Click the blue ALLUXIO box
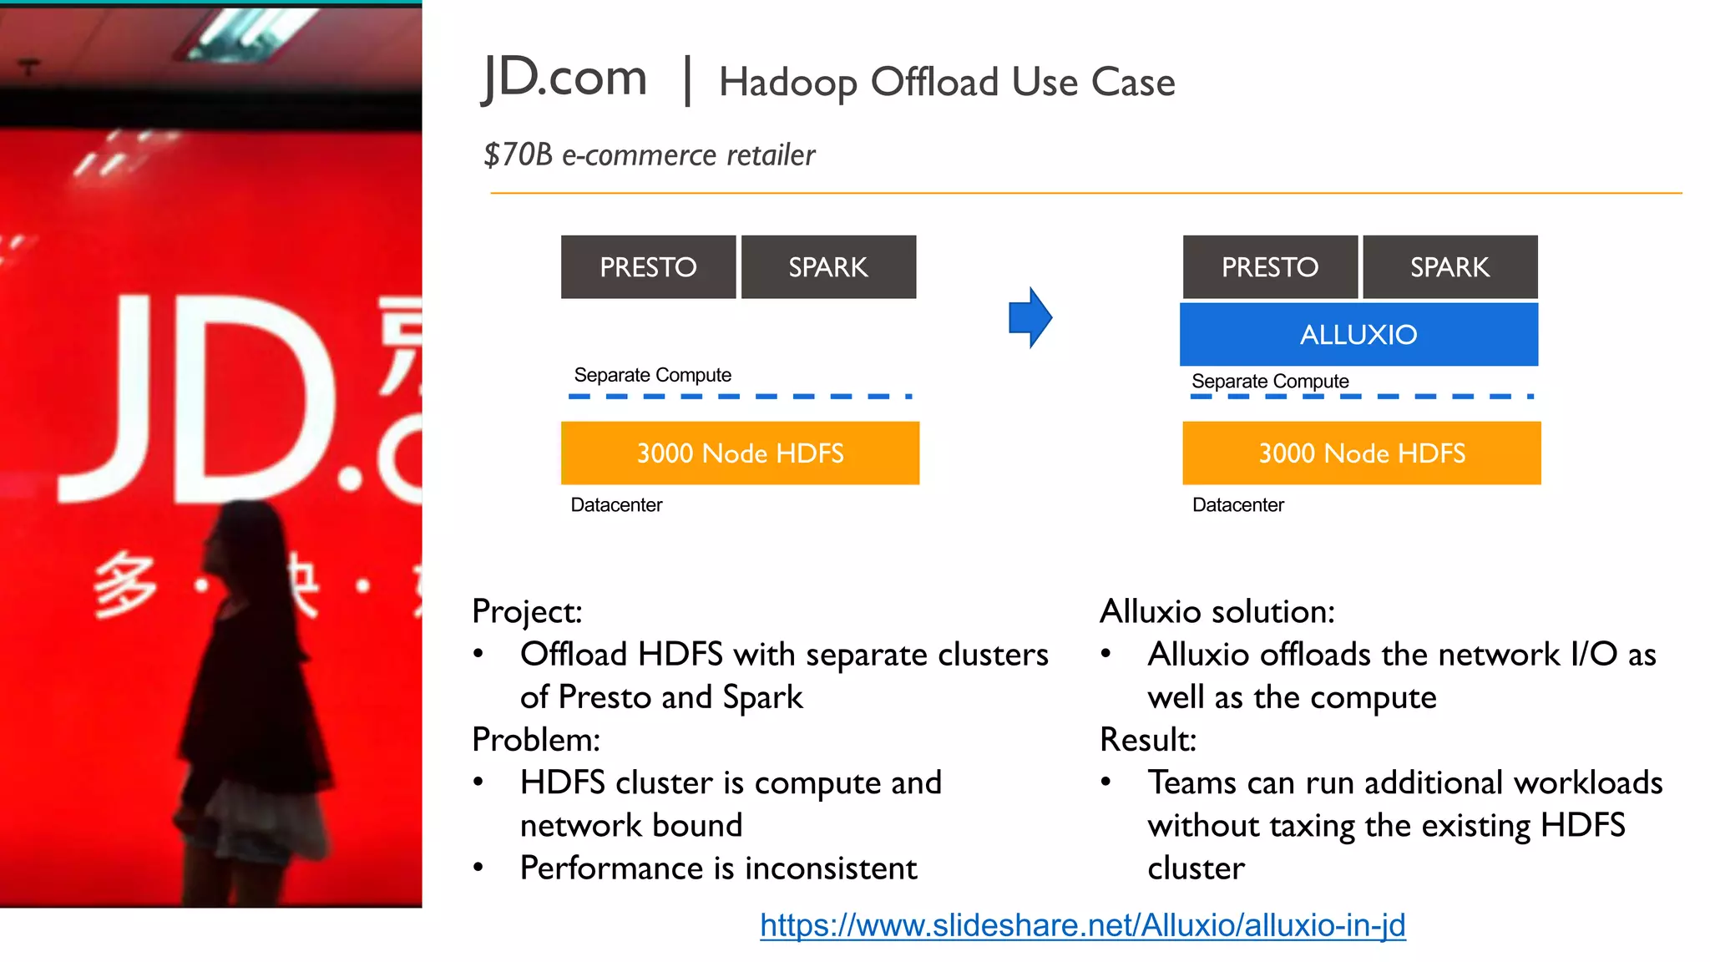1358,334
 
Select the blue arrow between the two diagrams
1030,317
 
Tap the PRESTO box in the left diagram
648,267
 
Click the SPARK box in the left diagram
828,267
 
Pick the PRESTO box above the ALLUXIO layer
1270,267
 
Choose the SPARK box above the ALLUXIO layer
1449,267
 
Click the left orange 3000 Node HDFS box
740,453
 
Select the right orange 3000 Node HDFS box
1362,453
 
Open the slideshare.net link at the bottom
1082,925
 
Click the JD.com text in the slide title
565,78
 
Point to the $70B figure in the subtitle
518,154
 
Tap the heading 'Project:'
527,611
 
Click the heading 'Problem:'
536,740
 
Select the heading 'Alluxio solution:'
1217,611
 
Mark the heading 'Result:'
1148,740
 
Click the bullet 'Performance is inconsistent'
718,868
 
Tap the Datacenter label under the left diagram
616,504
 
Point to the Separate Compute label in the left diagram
652,375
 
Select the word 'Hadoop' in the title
788,83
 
